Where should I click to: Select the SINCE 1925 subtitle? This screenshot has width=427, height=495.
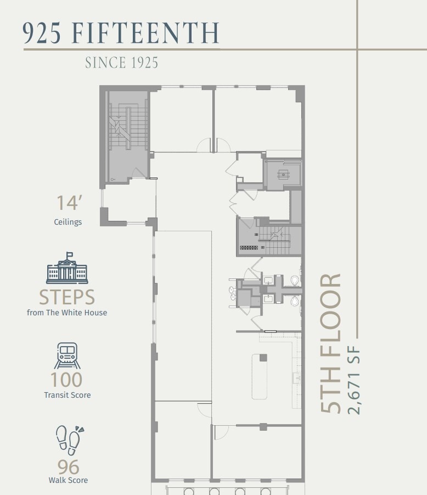click(121, 63)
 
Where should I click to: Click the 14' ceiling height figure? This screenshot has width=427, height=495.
click(69, 203)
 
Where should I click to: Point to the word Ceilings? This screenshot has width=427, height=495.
click(68, 222)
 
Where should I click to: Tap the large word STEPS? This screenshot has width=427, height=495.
click(67, 297)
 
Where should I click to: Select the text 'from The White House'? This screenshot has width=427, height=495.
click(67, 313)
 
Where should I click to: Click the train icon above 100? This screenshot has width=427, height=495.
click(68, 356)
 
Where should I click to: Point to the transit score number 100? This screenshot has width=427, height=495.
click(66, 380)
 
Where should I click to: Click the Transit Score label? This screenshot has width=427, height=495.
click(68, 395)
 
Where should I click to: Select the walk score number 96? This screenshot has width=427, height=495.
click(68, 467)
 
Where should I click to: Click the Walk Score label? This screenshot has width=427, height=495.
click(68, 481)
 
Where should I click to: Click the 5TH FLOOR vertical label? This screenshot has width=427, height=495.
click(331, 343)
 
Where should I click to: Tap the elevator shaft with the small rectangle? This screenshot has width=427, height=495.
click(283, 175)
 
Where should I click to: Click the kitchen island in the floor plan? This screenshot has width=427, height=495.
click(260, 376)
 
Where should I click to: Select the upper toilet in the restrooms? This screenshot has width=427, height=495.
click(295, 281)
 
